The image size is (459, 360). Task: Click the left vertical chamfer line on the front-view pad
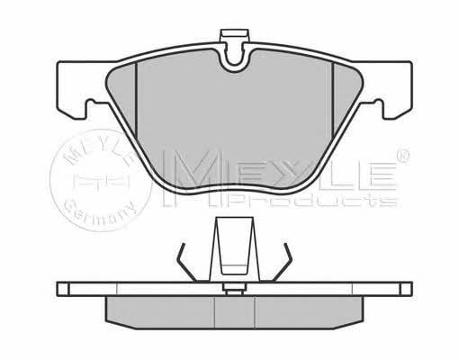(136, 99)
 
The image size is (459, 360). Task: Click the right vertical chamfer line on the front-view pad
(333, 99)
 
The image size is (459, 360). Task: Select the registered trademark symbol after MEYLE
(402, 156)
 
